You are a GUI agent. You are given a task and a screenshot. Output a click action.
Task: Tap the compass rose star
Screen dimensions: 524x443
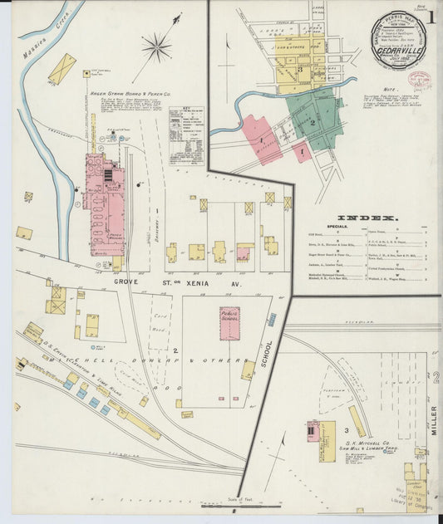(155, 47)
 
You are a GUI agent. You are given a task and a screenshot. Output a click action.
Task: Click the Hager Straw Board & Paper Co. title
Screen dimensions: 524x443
(130, 95)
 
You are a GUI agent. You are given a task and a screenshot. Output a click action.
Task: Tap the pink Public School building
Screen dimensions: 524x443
(230, 323)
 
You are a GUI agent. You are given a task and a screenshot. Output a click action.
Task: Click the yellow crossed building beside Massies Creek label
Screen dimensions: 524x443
(62, 69)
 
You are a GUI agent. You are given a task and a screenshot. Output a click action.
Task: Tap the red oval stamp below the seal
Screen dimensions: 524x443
(421, 81)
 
